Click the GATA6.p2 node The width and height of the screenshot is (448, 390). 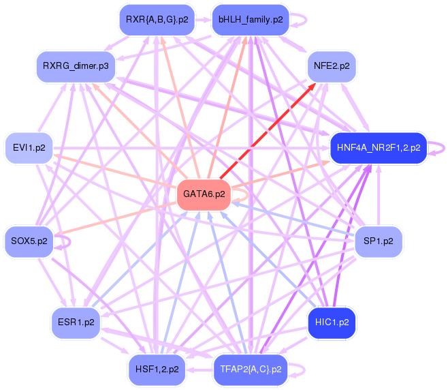[x=204, y=195]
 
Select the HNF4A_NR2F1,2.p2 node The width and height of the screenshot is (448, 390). [x=378, y=147]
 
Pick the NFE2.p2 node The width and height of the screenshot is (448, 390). [x=332, y=66]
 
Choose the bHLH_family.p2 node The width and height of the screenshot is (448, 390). [x=250, y=20]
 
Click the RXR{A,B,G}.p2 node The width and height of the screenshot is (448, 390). [x=157, y=20]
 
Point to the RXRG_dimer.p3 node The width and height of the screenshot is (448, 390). [x=75, y=67]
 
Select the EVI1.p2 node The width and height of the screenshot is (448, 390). [x=29, y=147]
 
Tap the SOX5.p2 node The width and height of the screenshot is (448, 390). [x=29, y=241]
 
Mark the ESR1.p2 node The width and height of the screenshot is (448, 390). [x=76, y=322]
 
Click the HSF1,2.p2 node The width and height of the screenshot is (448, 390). [x=157, y=369]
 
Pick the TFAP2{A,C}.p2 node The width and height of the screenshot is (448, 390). [x=250, y=369]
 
